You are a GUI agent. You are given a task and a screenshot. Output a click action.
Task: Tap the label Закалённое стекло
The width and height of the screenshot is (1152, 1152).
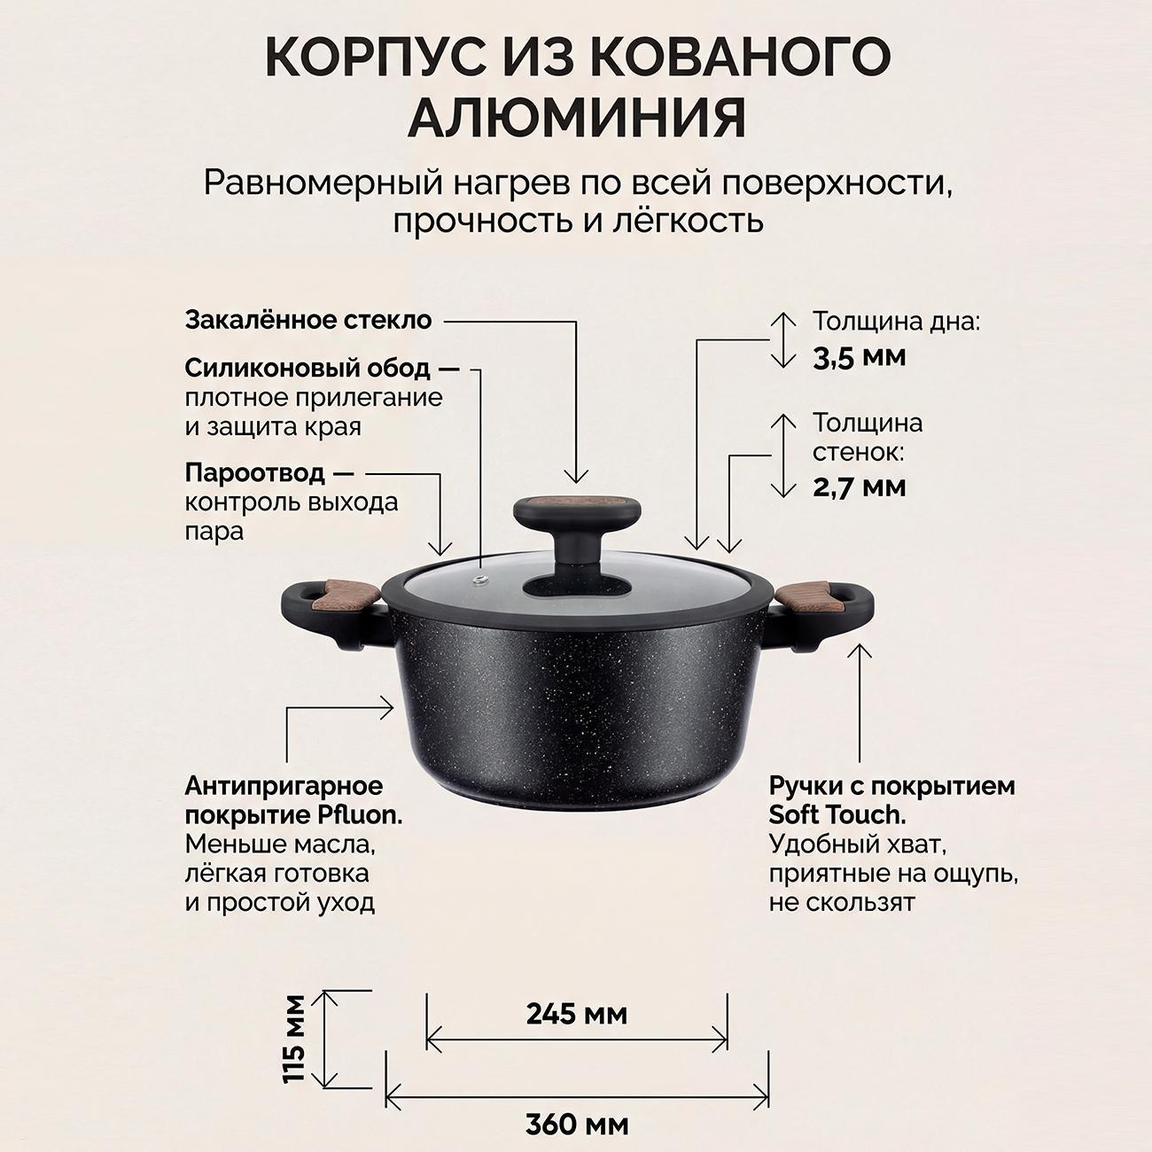point(307,320)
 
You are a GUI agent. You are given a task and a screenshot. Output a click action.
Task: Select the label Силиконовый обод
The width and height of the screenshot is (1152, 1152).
point(307,367)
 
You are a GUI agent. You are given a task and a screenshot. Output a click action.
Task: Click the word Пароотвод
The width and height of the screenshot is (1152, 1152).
point(255,473)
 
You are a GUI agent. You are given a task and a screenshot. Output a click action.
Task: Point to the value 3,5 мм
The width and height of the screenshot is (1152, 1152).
point(860,357)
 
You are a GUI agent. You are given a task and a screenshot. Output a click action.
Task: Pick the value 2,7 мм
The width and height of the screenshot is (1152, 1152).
point(860,486)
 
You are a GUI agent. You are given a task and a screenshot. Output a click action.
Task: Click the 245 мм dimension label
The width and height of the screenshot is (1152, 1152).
point(576,1013)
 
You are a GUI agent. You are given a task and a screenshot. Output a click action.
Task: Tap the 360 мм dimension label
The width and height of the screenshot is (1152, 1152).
point(576,1125)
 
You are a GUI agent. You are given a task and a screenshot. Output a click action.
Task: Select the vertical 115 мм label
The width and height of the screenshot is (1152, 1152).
point(295,1038)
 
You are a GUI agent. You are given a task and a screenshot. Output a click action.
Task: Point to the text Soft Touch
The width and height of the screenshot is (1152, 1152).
point(837,814)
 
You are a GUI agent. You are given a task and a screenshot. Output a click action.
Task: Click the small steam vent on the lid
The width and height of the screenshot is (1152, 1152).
point(479,581)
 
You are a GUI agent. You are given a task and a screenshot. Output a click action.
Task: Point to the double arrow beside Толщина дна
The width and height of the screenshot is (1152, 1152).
point(783,339)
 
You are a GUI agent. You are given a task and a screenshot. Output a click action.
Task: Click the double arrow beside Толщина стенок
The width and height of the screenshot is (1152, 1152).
point(783,455)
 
